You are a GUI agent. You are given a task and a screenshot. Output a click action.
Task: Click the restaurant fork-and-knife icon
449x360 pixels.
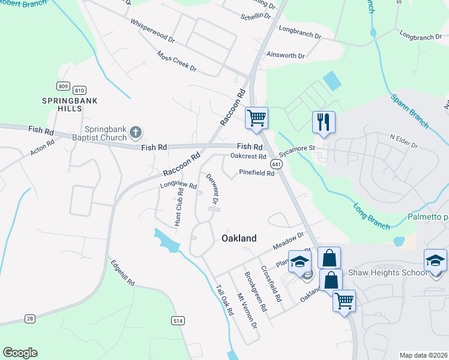324,122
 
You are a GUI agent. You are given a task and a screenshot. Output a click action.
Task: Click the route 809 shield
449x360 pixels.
62,86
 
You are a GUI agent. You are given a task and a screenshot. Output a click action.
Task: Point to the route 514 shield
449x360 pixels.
178,321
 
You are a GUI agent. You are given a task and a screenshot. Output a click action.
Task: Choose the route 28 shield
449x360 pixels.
30,319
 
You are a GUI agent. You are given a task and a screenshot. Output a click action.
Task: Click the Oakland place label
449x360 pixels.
239,238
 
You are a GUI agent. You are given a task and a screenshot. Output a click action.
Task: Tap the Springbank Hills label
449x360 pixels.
69,105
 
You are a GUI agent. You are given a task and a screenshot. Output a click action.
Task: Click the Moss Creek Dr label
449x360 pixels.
177,61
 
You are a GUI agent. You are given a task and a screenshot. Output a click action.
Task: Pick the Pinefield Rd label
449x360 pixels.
256,173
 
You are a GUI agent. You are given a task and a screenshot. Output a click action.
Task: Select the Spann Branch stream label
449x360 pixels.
409,110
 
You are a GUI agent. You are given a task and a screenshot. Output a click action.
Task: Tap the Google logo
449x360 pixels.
20,353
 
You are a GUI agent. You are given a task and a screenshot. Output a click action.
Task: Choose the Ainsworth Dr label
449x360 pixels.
286,55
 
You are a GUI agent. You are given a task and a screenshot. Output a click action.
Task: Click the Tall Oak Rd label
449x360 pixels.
224,299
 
